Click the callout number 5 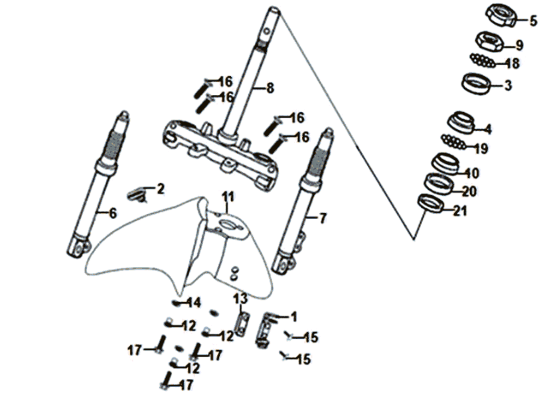pos(533,21)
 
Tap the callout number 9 pos(519,45)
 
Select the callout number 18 pos(513,64)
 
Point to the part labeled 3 pos(476,84)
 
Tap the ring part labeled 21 pos(431,204)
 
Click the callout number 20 pos(469,191)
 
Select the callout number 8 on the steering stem pos(270,88)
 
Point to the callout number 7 pos(322,218)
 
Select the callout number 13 pos(240,299)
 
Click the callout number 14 pos(194,303)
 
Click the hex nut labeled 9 pos(489,41)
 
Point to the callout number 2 pos(161,189)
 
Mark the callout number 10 pos(472,173)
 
